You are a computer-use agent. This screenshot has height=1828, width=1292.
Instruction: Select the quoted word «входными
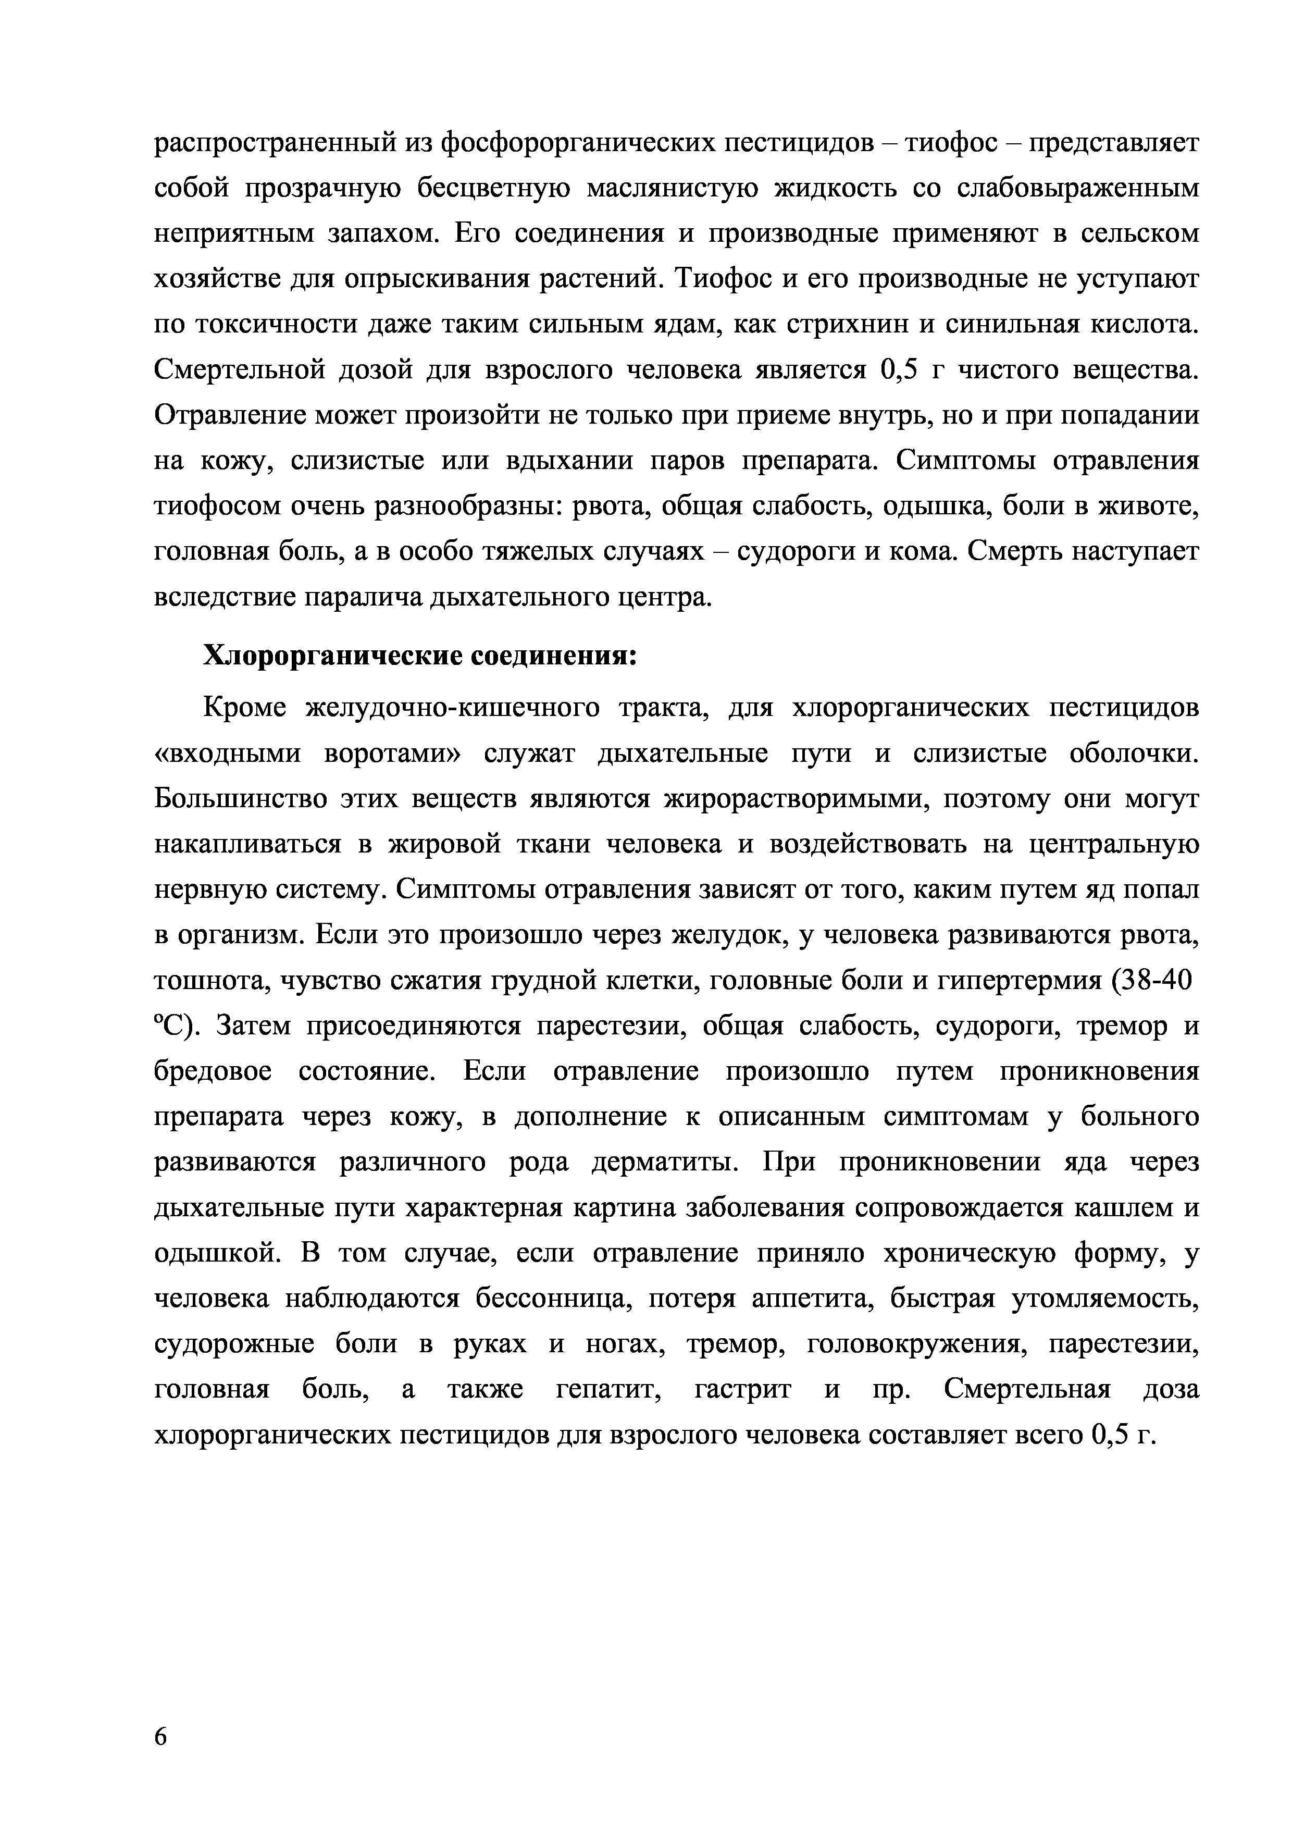pos(228,754)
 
